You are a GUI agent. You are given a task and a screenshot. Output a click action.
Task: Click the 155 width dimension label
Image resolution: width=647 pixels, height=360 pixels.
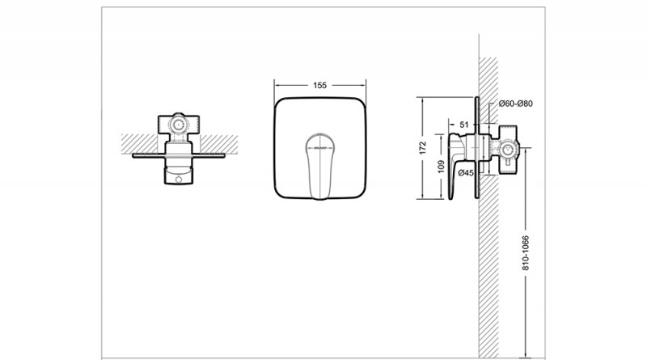pos(319,86)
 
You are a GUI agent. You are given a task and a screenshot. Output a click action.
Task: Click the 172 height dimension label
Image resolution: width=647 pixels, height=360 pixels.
pos(422,148)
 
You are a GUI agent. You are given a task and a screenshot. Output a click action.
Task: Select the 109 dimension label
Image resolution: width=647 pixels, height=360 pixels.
pos(441,167)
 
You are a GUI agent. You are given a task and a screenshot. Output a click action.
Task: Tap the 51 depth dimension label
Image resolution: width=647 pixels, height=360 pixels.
pos(464,125)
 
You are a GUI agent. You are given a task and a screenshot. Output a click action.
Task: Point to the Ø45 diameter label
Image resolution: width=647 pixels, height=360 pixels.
pos(466,173)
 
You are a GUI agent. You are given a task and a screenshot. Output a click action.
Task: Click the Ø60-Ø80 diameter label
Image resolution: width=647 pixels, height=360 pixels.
pos(516,104)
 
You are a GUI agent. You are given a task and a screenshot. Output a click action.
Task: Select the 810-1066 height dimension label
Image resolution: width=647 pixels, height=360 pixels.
pos(525,253)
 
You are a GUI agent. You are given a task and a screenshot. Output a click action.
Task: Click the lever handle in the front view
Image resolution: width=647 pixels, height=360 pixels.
pos(319,166)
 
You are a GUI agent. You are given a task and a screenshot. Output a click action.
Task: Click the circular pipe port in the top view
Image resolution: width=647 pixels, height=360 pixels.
pos(179,124)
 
